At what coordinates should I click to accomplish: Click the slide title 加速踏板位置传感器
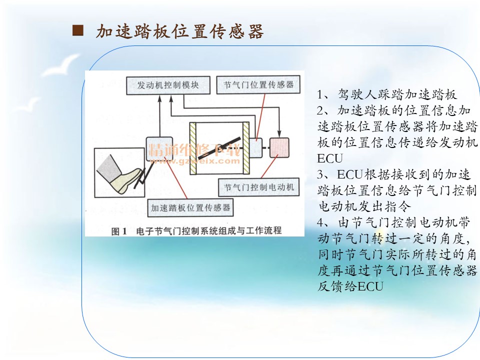pos(179,31)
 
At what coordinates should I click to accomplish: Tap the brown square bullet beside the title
pos(78,30)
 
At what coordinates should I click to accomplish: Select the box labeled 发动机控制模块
pos(168,85)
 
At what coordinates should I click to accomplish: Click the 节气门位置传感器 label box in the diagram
pos(258,84)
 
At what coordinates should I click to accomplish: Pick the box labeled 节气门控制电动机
pos(258,187)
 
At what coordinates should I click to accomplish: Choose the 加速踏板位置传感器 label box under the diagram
pos(190,208)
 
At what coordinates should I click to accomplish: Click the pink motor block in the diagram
pos(279,148)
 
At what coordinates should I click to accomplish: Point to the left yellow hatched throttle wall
pos(193,148)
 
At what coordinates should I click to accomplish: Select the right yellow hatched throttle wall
pos(246,148)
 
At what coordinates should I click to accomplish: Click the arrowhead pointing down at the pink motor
pos(279,134)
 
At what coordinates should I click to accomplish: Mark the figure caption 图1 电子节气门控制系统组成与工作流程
pos(196,231)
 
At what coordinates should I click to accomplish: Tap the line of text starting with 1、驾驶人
pos(386,94)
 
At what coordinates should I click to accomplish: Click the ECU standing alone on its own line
pos(329,158)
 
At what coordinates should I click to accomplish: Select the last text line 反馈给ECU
pos(350,286)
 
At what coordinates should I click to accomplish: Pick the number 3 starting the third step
pos(320,174)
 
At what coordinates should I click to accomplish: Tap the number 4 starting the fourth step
pos(320,222)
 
